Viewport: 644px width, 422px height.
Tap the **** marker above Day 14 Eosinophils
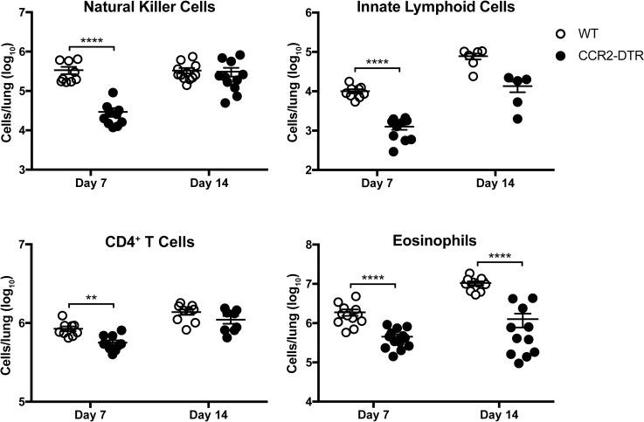(x=499, y=257)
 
